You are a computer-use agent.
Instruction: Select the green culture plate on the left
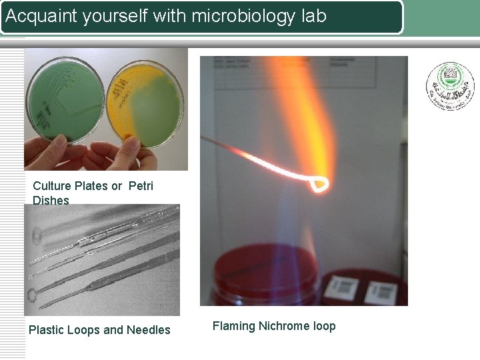(64, 100)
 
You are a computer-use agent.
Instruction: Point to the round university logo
(450, 86)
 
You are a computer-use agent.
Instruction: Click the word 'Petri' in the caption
(140, 186)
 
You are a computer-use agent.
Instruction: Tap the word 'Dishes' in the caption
(51, 200)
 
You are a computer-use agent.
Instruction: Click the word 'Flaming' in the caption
(233, 326)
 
